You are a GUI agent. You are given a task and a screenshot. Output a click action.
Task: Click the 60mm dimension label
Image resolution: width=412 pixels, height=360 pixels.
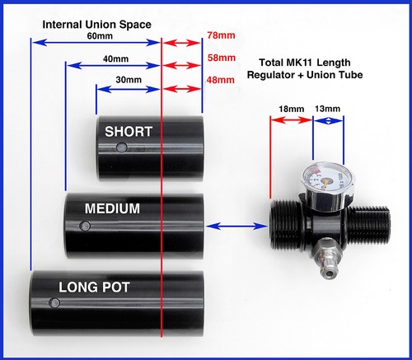pyautogui.click(x=100, y=36)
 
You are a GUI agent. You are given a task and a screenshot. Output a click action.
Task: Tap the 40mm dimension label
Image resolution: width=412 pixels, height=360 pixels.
pyautogui.click(x=115, y=58)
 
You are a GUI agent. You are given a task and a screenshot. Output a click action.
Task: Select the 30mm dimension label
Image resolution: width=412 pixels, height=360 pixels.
pyautogui.click(x=129, y=80)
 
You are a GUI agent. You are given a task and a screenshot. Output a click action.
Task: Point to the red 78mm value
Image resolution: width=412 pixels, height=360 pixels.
pyautogui.click(x=221, y=35)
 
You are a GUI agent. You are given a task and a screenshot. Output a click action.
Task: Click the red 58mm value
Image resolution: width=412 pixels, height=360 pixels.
pyautogui.click(x=222, y=58)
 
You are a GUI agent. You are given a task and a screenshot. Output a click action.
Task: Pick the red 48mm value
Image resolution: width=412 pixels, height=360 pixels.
pyautogui.click(x=220, y=80)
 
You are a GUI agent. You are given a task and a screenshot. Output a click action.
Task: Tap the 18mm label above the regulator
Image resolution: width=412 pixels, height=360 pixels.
pyautogui.click(x=292, y=109)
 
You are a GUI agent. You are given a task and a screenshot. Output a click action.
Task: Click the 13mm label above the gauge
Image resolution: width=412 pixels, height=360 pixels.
pyautogui.click(x=327, y=109)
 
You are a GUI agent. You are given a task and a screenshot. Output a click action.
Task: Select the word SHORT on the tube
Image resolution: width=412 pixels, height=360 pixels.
pyautogui.click(x=129, y=132)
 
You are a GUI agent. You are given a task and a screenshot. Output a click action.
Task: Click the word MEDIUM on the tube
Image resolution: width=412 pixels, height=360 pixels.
pyautogui.click(x=112, y=208)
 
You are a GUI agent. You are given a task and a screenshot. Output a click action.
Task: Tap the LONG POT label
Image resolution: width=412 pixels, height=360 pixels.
pyautogui.click(x=94, y=288)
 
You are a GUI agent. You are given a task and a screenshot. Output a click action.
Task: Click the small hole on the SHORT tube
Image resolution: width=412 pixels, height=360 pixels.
pyautogui.click(x=121, y=147)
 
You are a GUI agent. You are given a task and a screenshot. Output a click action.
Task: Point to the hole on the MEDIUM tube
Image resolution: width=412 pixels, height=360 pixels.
pyautogui.click(x=85, y=226)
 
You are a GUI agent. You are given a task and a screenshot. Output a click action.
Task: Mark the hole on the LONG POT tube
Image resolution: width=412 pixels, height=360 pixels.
pyautogui.click(x=54, y=303)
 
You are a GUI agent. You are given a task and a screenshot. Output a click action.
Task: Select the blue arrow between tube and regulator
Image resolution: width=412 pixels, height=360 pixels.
pyautogui.click(x=236, y=227)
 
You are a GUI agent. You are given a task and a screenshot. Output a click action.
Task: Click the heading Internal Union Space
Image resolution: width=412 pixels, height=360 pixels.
pyautogui.click(x=96, y=25)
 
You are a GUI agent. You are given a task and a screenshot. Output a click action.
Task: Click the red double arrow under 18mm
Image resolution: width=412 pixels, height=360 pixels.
pyautogui.click(x=292, y=120)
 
